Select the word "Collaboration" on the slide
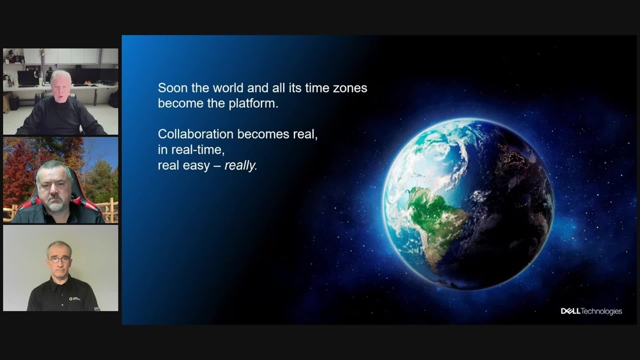[195, 134]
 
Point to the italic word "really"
[241, 165]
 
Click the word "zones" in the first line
[350, 88]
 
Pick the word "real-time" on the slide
[195, 150]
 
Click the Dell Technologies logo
[591, 311]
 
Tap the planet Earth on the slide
[468, 204]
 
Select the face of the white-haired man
[60, 87]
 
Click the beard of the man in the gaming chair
[54, 204]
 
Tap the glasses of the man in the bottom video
[59, 259]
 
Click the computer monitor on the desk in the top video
[27, 78]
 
